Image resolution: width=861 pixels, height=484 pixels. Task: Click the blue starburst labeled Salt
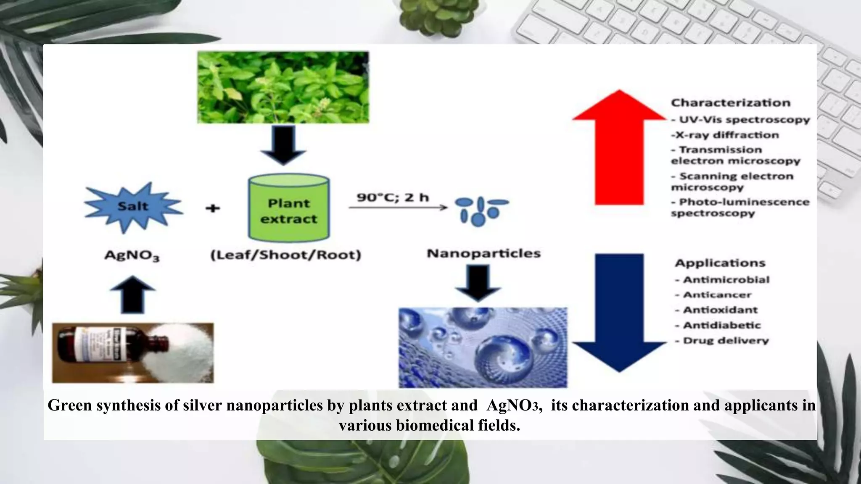tap(133, 207)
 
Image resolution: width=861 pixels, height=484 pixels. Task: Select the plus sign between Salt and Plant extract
tap(213, 208)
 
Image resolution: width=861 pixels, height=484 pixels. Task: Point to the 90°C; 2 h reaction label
tap(393, 197)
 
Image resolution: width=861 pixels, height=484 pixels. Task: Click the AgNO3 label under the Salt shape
tap(132, 255)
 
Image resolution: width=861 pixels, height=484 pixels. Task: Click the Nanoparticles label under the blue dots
tap(483, 253)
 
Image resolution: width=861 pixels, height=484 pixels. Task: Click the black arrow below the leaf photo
tap(283, 144)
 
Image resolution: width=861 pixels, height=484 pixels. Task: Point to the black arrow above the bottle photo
tap(132, 294)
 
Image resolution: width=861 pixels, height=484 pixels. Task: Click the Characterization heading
tap(731, 103)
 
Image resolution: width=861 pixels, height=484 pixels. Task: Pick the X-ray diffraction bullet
tap(725, 135)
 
